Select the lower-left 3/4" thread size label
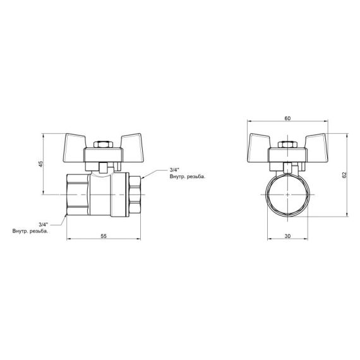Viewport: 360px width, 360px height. (44, 224)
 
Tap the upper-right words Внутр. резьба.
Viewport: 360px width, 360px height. (187, 178)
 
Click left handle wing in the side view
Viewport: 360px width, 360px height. (80, 142)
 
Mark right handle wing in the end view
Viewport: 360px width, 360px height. (314, 142)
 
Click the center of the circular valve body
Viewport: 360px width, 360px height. (287, 195)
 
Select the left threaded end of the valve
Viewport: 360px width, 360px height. (78, 195)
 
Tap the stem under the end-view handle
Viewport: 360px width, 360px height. (287, 167)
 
